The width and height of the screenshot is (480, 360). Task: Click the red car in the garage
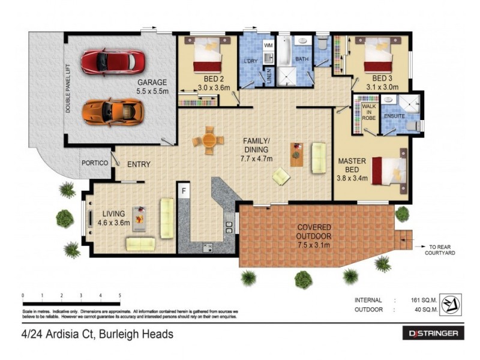(112, 61)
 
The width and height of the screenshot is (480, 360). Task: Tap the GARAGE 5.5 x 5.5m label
(152, 87)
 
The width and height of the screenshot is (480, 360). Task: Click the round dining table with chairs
(209, 140)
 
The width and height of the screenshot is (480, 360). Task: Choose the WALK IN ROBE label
(368, 112)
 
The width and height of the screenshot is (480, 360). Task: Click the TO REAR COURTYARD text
(443, 250)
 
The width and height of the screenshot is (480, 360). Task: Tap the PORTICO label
(95, 163)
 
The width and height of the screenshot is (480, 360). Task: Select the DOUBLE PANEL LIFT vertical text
(69, 90)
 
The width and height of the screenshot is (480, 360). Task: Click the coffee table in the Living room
(139, 216)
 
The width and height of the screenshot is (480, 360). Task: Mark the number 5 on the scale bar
(120, 296)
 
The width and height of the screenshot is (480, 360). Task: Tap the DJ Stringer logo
(432, 333)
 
